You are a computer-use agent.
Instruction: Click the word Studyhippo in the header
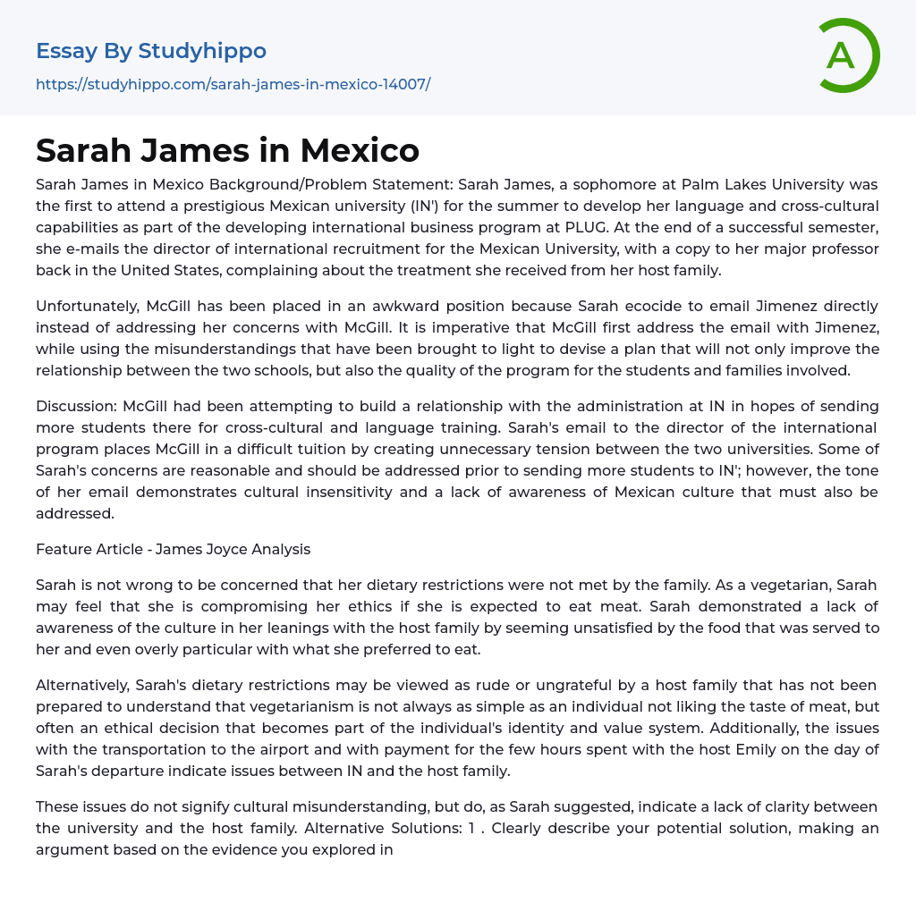[202, 51]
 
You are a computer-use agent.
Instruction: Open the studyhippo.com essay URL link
[233, 85]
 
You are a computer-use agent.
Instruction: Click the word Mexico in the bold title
[360, 150]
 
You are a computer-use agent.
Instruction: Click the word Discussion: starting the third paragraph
[77, 406]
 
